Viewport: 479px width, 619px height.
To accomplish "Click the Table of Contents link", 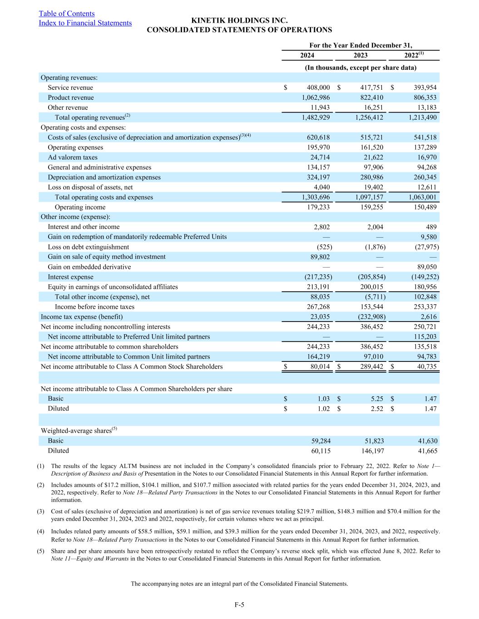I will (x=67, y=14).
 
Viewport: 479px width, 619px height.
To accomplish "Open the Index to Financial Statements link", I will (x=85, y=23).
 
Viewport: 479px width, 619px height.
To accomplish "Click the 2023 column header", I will (x=360, y=55).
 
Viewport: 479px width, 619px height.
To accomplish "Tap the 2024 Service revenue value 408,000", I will (x=317, y=88).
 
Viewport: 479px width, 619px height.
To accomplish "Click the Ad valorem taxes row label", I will (x=73, y=157).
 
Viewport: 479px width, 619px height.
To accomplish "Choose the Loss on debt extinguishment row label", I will (x=88, y=247).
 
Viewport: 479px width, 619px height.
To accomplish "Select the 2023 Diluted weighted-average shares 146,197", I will (x=371, y=451).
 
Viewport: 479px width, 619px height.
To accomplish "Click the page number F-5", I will (x=239, y=604).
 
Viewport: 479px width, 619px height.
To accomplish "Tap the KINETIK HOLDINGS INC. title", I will (x=239, y=21).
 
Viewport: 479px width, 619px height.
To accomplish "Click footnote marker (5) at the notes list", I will (x=40, y=551).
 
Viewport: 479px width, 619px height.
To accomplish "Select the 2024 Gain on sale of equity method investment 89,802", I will (x=319, y=257).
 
